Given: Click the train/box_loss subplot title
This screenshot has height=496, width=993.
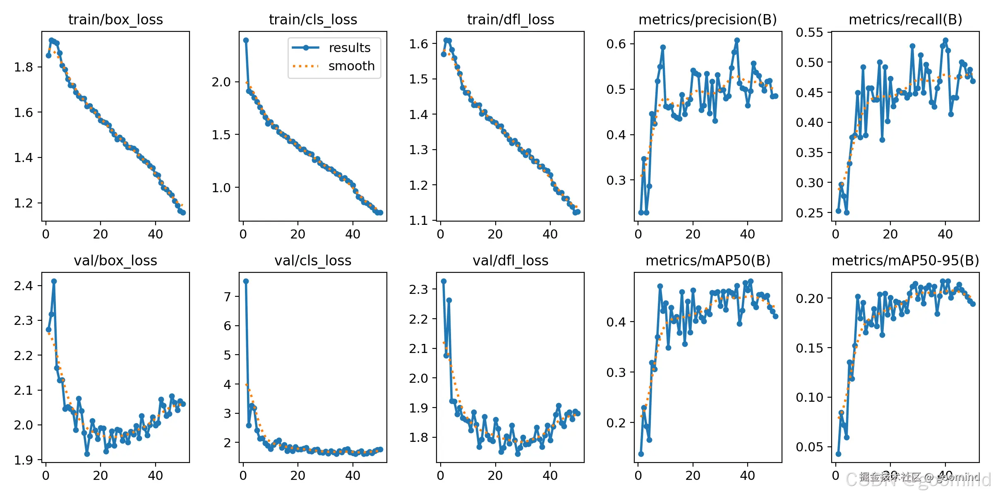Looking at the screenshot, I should (115, 19).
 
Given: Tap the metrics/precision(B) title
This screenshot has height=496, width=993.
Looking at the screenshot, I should (708, 19).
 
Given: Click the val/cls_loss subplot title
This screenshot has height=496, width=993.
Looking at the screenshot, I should (313, 260).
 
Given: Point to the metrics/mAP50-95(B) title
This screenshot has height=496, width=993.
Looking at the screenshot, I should (905, 260).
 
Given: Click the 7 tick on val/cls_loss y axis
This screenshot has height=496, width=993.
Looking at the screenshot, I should (227, 296).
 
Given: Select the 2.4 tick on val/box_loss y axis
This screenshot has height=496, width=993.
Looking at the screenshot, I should (23, 286).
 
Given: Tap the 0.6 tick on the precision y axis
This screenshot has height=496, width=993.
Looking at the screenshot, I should (616, 44).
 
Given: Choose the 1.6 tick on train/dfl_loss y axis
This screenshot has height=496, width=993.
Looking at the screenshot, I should (418, 44).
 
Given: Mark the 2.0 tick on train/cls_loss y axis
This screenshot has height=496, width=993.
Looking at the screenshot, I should (221, 82).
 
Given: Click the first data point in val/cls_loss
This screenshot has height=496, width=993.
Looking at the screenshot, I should (246, 281).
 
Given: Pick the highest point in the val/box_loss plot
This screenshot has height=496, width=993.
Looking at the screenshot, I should (54, 281).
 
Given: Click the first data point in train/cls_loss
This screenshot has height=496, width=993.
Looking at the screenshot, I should (246, 40).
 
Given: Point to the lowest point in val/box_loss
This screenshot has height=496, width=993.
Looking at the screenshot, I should (87, 454).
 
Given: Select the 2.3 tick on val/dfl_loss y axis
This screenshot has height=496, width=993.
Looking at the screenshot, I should (418, 289).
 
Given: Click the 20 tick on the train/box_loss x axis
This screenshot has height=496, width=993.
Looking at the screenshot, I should (101, 234).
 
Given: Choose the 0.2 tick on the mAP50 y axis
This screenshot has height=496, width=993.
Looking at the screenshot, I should (616, 423).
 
